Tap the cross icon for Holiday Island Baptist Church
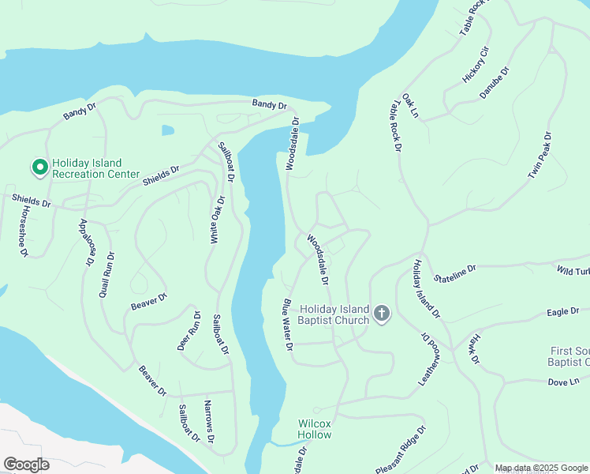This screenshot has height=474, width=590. pyautogui.click(x=381, y=314)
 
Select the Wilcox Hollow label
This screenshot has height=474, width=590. pyautogui.click(x=314, y=429)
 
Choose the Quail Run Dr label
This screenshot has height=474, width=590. pyautogui.click(x=108, y=274)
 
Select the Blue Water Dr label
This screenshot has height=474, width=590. pyautogui.click(x=288, y=325)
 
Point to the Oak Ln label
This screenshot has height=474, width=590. pyautogui.click(x=409, y=105)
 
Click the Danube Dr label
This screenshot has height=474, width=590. pyautogui.click(x=495, y=83)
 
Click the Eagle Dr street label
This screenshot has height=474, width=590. pyautogui.click(x=562, y=312)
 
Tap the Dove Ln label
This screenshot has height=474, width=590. pyautogui.click(x=563, y=382)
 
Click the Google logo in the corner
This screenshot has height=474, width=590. pyautogui.click(x=26, y=465)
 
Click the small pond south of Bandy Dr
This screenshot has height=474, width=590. pyautogui.click(x=167, y=130)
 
